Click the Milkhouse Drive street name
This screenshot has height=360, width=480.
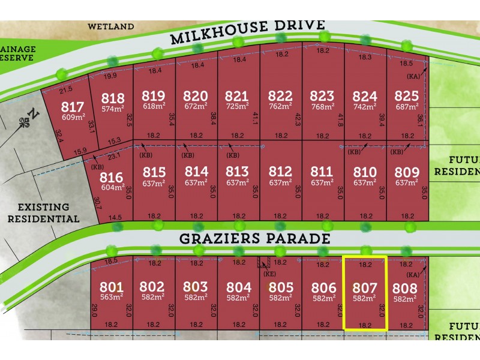pyautogui.click(x=248, y=32)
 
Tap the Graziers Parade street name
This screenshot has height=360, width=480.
pyautogui.click(x=255, y=238)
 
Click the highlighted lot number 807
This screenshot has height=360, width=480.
pyautogui.click(x=364, y=287)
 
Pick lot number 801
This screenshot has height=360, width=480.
pyautogui.click(x=112, y=287)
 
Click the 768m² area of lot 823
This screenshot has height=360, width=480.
pyautogui.click(x=322, y=107)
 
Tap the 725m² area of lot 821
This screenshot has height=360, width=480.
pyautogui.click(x=237, y=107)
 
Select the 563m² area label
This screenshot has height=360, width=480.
pyautogui.click(x=112, y=296)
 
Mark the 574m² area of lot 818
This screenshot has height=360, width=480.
pyautogui.click(x=113, y=109)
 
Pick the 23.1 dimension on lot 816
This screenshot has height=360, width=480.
pyautogui.click(x=114, y=155)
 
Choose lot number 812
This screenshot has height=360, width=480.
pyautogui.click(x=280, y=172)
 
